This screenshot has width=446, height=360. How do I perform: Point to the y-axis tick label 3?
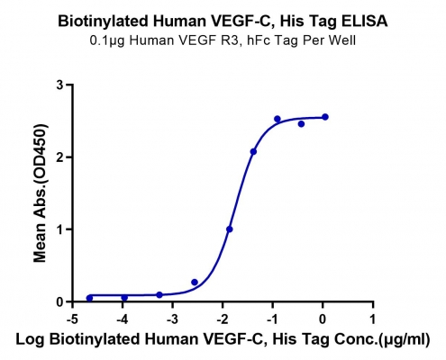(x=60, y=85)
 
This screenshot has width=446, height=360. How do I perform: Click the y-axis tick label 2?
(x=60, y=157)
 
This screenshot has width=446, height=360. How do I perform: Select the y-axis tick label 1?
(x=60, y=229)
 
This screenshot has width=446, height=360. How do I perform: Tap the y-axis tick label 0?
(x=60, y=301)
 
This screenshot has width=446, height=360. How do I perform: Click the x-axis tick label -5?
(x=73, y=319)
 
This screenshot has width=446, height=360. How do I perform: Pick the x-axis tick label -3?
(x=173, y=319)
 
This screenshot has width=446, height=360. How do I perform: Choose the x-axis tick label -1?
(x=273, y=319)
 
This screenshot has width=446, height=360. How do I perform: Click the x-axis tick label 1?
(x=373, y=319)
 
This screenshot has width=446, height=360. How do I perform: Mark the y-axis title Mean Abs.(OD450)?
(x=41, y=193)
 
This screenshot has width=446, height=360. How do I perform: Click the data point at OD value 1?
(x=230, y=229)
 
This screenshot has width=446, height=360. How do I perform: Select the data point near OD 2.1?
(x=253, y=152)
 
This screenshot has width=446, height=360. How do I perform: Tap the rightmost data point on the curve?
(x=325, y=117)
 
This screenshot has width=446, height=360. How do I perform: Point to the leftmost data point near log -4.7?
(x=89, y=298)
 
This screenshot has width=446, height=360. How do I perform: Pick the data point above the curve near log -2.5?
(x=195, y=283)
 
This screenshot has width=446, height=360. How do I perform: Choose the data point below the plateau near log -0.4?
(x=301, y=124)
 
